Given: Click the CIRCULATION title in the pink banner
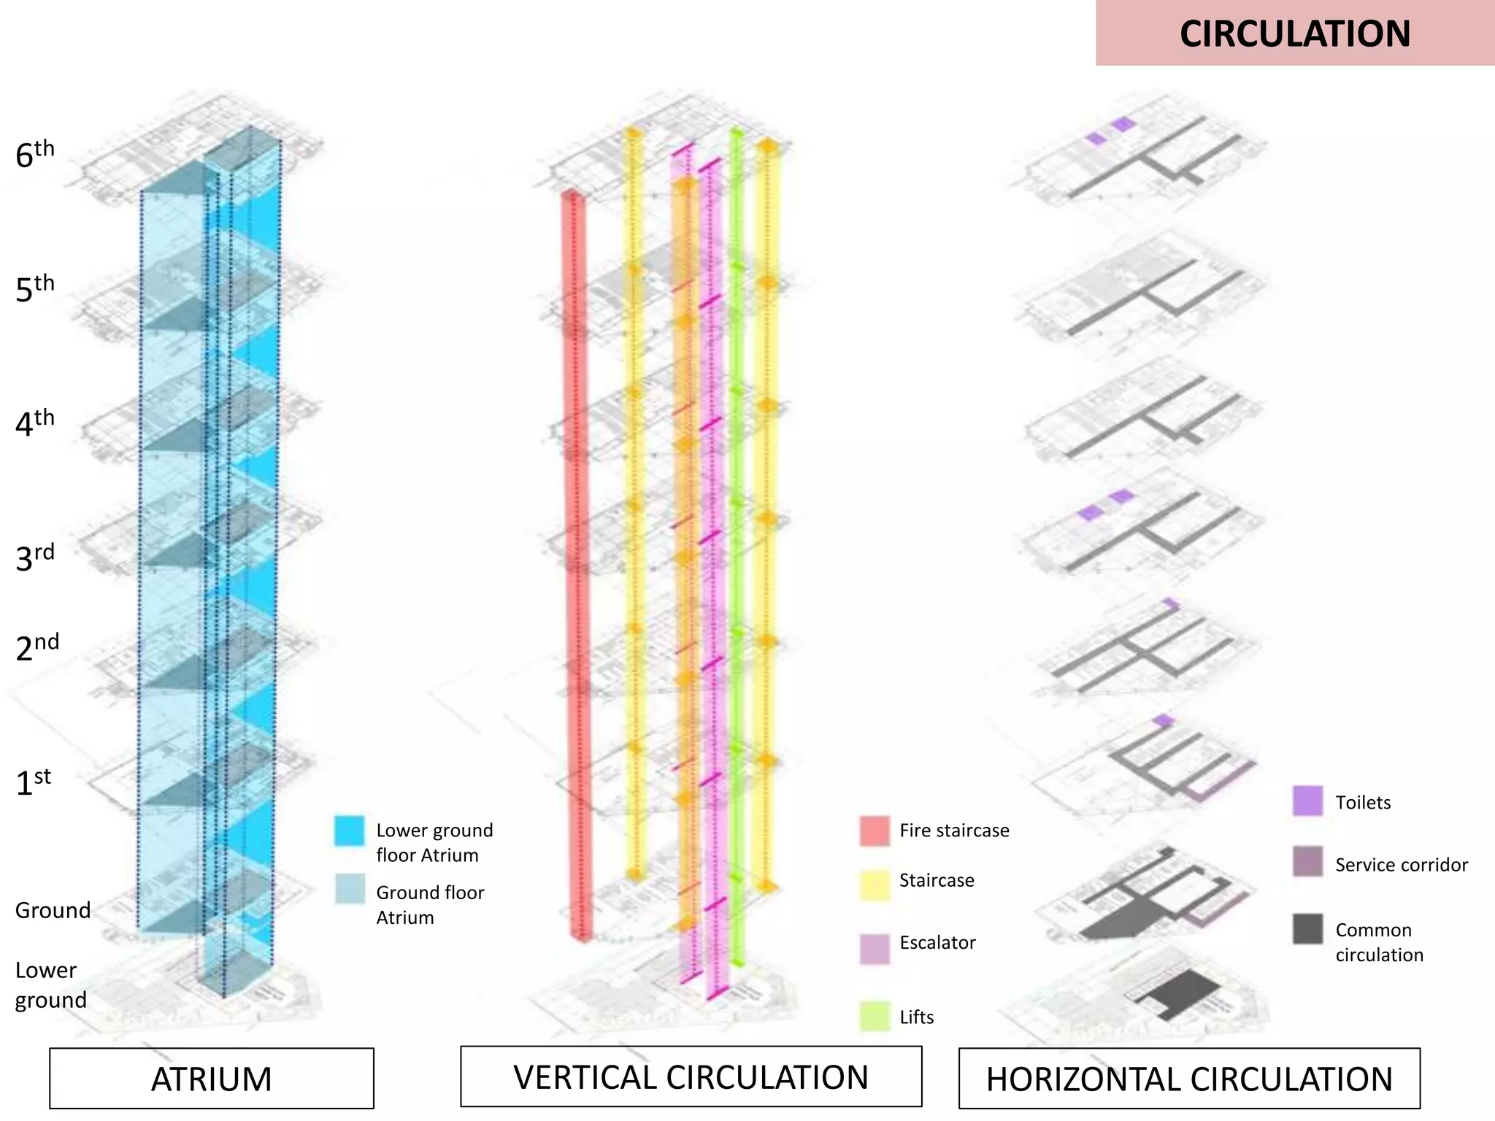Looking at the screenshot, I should pos(1294,34).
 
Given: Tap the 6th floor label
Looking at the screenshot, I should pos(34,153).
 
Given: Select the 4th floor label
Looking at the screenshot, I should pos(34,423).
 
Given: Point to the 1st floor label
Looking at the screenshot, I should pos(33,782).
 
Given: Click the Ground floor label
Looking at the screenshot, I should pos(53,910).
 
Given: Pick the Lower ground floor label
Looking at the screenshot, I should pos(50,985).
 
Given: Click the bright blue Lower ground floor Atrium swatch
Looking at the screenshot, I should pos(349,831).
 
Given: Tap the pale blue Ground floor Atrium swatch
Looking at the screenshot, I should pos(350,889).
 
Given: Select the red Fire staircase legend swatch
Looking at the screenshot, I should pos(875,831).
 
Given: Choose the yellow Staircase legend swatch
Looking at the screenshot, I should pos(875,885).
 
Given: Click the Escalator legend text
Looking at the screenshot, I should pos(937,942).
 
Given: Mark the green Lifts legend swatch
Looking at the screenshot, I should pos(875,1016).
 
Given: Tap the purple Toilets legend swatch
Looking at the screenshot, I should pos(1307,801).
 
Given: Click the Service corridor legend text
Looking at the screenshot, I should pos(1401,865).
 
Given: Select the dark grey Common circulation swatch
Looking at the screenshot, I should pos(1307,929).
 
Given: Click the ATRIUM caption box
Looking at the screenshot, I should pos(212,1079).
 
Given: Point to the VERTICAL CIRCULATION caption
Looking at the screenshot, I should pos(691,1077).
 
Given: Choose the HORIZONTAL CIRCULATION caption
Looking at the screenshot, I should pos(1189,1079).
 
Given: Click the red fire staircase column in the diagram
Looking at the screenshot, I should pos(576,569).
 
